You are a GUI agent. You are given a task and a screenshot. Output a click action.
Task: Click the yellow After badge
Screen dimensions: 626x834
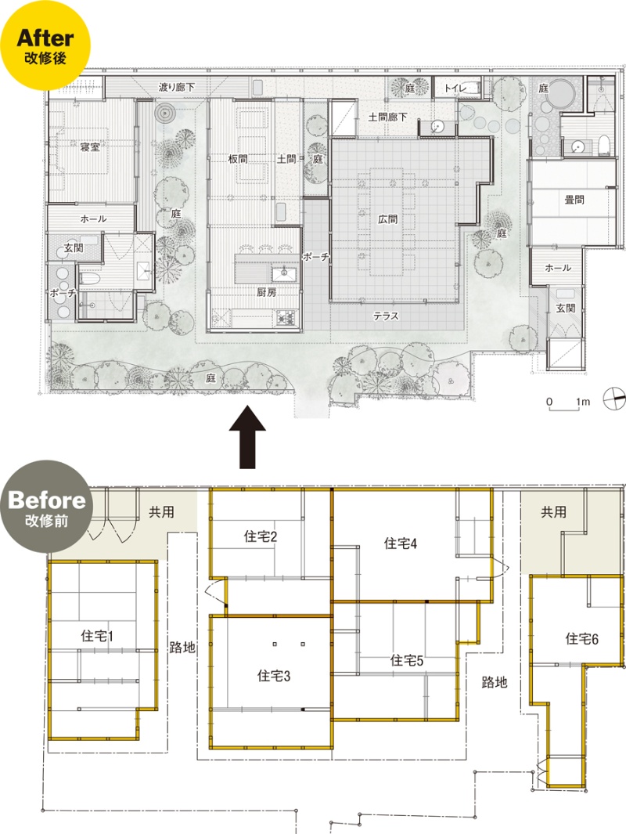(x=45, y=45)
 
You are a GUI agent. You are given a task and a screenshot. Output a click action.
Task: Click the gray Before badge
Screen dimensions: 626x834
(x=47, y=507)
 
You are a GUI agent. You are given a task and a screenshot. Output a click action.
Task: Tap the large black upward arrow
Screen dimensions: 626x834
(x=247, y=437)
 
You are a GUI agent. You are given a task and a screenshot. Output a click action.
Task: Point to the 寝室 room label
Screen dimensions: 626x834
(x=90, y=147)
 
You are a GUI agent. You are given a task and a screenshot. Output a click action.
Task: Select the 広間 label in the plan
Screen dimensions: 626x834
(x=387, y=218)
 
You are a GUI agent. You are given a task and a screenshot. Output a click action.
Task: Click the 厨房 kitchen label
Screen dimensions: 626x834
(x=266, y=292)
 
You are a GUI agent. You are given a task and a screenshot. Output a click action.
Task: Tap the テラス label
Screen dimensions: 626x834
(x=386, y=316)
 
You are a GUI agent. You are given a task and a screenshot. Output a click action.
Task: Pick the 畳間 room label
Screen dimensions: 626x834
(x=574, y=200)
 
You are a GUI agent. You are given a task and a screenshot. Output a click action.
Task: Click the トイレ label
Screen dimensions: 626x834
(x=455, y=88)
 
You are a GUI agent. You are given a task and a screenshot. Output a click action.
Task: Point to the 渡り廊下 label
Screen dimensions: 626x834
(x=177, y=87)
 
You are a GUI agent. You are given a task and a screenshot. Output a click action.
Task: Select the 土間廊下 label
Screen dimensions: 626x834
(x=387, y=117)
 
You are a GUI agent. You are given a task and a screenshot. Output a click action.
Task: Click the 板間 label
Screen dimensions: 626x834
(x=238, y=158)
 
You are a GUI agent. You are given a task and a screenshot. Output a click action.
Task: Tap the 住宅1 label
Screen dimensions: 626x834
(x=97, y=636)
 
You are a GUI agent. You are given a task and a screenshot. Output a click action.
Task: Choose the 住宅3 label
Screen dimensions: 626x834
(x=274, y=676)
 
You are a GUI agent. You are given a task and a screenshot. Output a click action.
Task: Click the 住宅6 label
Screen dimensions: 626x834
(x=581, y=639)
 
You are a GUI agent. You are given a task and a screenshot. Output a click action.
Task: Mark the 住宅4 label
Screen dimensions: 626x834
(x=400, y=543)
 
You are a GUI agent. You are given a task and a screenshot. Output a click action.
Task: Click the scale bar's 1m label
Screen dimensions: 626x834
(x=583, y=402)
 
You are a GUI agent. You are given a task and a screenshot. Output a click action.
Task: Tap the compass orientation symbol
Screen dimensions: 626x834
(x=614, y=399)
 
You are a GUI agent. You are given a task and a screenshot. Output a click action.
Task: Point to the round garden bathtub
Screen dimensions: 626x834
(x=562, y=94)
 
